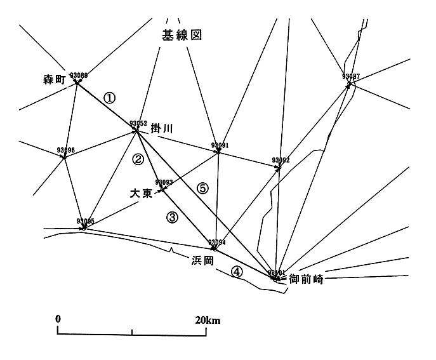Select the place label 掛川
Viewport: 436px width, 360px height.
[162, 128]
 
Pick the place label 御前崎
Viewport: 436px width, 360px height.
[306, 279]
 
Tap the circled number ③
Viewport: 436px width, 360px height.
[173, 217]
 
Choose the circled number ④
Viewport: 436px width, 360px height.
[236, 272]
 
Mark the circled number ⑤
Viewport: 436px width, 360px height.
[202, 188]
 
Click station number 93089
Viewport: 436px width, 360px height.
[79, 75]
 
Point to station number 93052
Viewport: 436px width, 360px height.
[138, 123]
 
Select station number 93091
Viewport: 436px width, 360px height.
[220, 145]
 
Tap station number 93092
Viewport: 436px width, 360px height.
[281, 160]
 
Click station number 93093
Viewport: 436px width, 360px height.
[164, 182]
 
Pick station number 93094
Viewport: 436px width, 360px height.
[217, 242]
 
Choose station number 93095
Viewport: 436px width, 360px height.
[85, 221]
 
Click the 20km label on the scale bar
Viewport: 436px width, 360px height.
[208, 320]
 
